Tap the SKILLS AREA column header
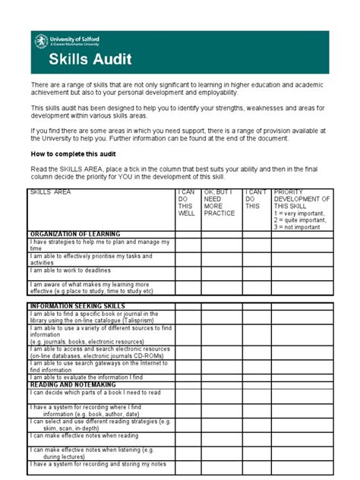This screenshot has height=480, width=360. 51,193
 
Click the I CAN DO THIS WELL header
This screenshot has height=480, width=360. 186,204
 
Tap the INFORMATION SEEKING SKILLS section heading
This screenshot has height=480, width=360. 77,305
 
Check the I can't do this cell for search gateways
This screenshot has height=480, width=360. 257,366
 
